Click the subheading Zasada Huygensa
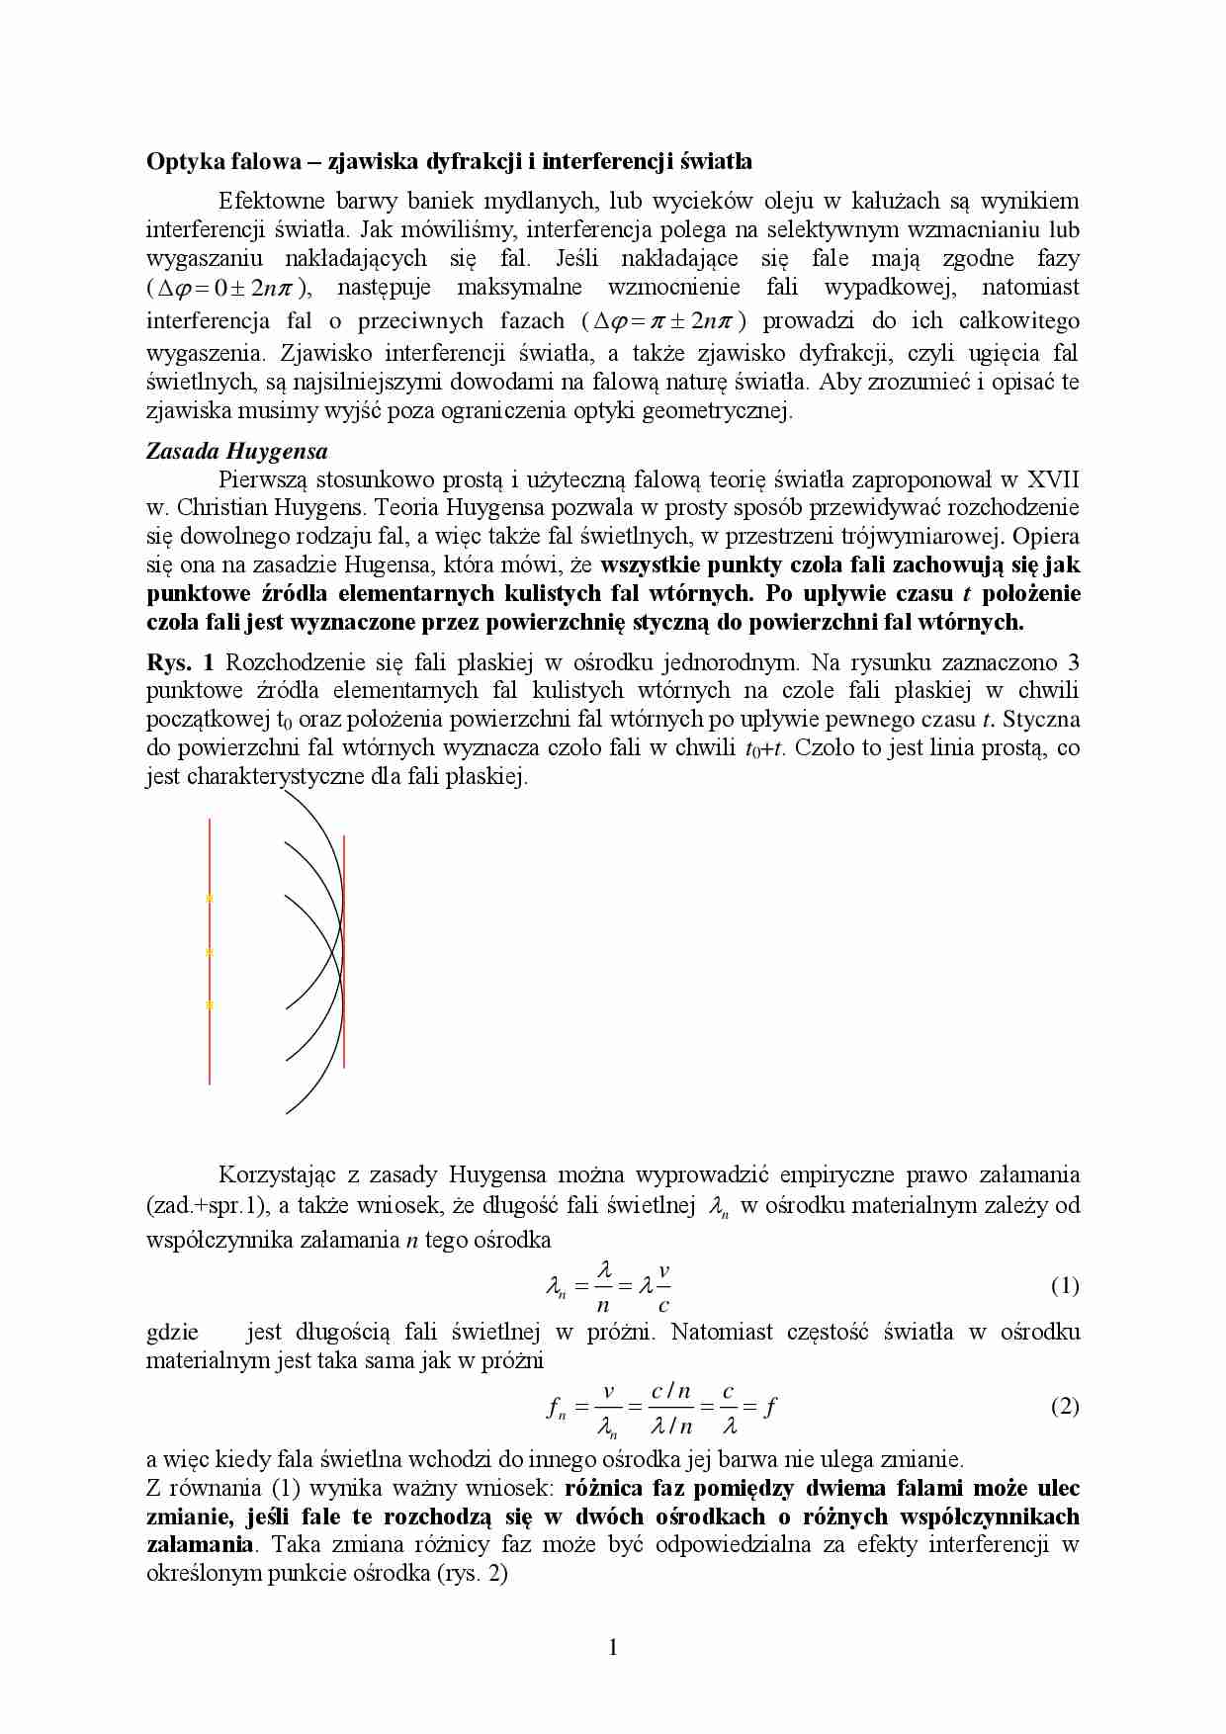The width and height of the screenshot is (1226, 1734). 236,452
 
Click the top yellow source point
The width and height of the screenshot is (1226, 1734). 210,899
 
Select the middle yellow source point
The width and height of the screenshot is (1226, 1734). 210,952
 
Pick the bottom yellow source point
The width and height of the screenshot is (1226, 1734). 210,1004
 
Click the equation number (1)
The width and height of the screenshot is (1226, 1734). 1064,1286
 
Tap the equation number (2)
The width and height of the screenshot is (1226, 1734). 1064,1407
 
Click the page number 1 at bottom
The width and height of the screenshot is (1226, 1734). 613,1647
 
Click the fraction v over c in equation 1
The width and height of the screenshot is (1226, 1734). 663,1287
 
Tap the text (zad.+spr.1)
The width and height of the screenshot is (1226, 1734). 207,1205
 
